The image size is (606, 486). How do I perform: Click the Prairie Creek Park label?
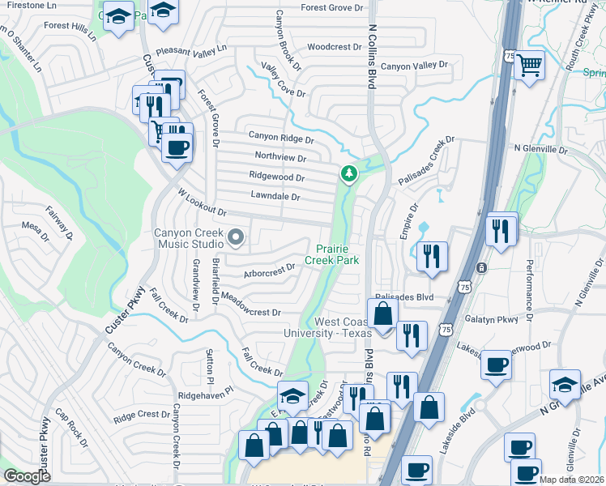(331, 254)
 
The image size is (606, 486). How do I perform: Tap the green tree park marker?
(349, 173)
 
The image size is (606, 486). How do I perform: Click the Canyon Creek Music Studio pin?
(236, 237)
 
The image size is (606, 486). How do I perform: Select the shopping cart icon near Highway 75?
(529, 64)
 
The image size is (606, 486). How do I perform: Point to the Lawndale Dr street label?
(275, 197)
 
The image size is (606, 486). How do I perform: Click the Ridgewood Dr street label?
(277, 177)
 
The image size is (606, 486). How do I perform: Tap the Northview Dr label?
(280, 157)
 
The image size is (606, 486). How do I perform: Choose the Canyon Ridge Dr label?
(280, 137)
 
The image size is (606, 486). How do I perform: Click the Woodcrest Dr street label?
(334, 47)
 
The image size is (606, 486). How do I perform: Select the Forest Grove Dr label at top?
(332, 8)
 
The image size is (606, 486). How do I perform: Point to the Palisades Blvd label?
(404, 297)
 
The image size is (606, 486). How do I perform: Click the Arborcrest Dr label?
(270, 270)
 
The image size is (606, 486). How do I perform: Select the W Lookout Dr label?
(203, 202)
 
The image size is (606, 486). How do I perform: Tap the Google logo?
(28, 476)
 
